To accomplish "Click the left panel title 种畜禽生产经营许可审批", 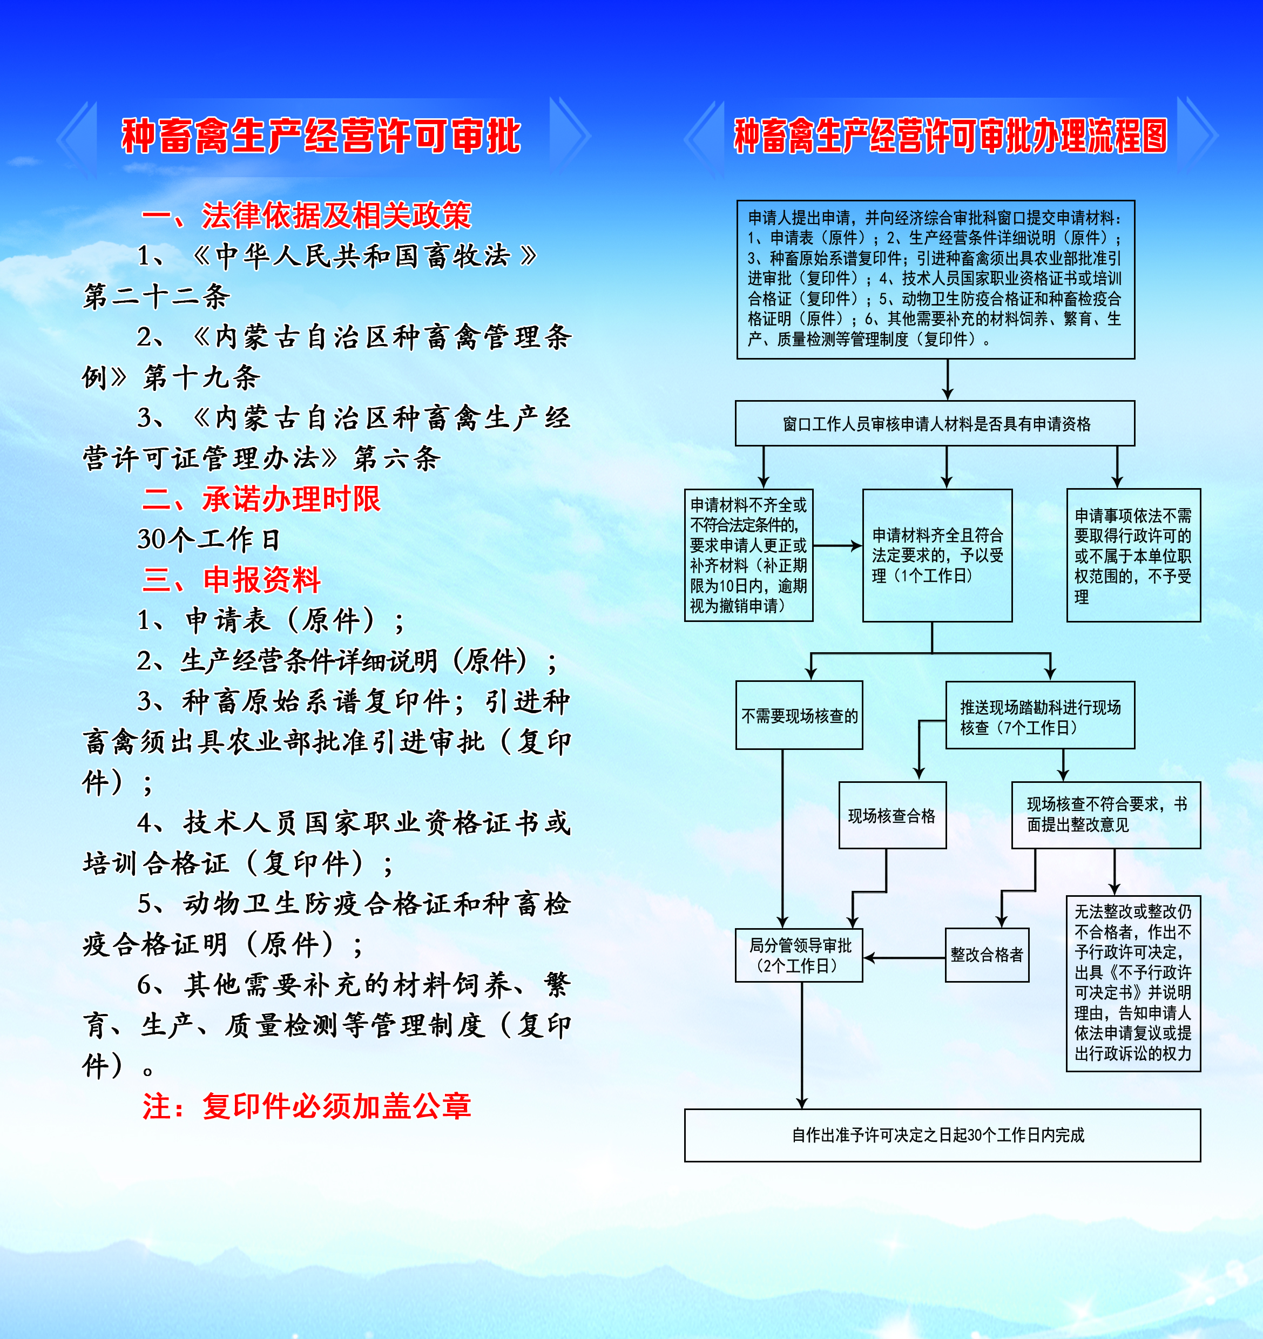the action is pyautogui.click(x=321, y=136).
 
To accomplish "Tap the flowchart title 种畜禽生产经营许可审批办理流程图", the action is pyautogui.click(x=950, y=136).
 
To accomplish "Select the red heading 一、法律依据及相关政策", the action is pyautogui.click(x=307, y=215).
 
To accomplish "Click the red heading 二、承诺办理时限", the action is pyautogui.click(x=261, y=499).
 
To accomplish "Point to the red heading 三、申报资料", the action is pyautogui.click(x=232, y=580).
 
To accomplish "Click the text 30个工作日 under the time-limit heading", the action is pyautogui.click(x=209, y=539).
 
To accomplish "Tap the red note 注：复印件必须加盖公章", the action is pyautogui.click(x=307, y=1106).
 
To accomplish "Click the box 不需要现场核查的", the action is pyautogui.click(x=800, y=715).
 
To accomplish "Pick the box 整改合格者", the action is pyautogui.click(x=987, y=955).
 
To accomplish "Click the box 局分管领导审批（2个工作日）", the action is pyautogui.click(x=800, y=955).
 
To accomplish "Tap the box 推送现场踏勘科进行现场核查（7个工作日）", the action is pyautogui.click(x=1040, y=715).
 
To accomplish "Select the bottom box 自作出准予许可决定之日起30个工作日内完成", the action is pyautogui.click(x=942, y=1135).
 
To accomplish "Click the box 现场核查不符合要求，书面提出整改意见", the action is pyautogui.click(x=1106, y=815).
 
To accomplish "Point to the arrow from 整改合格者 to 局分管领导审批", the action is pyautogui.click(x=904, y=958).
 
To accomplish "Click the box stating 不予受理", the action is pyautogui.click(x=1133, y=556).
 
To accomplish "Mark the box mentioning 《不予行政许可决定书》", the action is pyautogui.click(x=1133, y=983).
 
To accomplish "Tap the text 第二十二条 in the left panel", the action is pyautogui.click(x=156, y=296).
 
